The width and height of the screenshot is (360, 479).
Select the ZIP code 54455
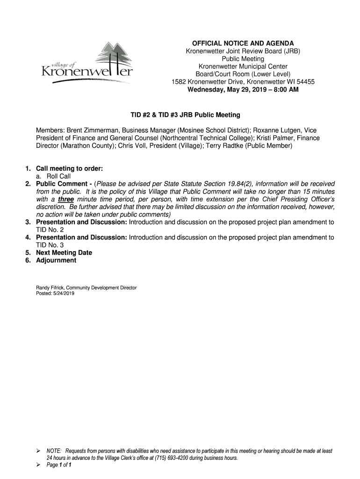306,81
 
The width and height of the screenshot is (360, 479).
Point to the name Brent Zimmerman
91,130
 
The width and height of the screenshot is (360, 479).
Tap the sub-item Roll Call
58,176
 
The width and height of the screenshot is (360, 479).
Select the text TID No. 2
50,230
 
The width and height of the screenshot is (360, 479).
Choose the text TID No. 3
50,245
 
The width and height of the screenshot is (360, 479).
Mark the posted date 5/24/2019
64,293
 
